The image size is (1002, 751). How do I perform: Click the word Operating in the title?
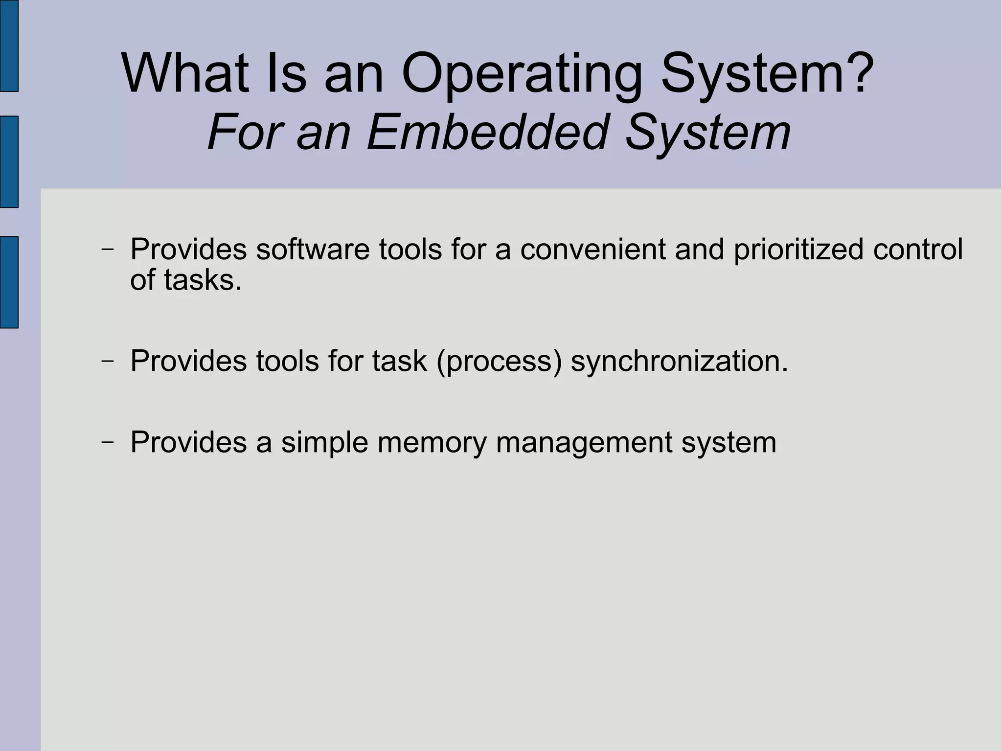coord(521,74)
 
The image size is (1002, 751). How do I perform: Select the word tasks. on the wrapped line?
coord(203,280)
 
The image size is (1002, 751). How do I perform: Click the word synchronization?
coord(680,362)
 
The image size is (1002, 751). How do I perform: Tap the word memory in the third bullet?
coord(432,443)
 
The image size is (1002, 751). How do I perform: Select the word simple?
coord(324,443)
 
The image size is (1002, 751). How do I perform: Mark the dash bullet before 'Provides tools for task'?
coord(108,362)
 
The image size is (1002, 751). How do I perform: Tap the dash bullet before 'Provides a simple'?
coord(108,442)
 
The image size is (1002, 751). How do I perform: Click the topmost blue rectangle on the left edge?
coord(9,45)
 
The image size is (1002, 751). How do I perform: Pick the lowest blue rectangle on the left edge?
coord(9,282)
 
